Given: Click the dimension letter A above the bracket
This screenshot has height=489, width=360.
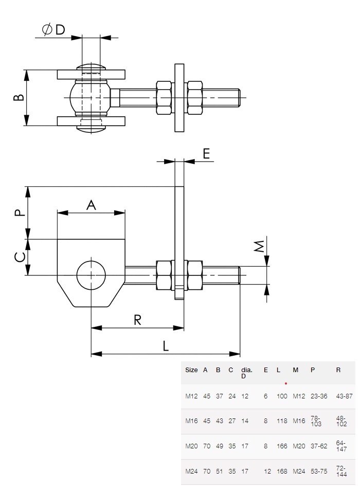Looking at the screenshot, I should tap(91, 205).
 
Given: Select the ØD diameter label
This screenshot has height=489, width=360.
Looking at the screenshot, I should tap(53, 30).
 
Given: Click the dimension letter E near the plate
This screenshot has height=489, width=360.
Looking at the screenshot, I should tap(206, 153).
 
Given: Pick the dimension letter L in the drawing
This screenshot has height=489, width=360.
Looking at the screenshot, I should tap(165, 346).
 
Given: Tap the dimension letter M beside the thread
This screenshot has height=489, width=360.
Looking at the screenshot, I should tap(260, 246).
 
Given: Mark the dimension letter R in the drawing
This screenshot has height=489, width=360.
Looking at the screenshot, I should tap(137, 320).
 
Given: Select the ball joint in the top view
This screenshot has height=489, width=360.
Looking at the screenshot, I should tap(91, 97).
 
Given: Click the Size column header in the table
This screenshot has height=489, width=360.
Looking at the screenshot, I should tap(191, 370).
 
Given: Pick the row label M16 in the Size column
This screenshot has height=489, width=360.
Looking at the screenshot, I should tap(191, 421).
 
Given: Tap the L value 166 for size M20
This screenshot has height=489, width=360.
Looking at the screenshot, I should tap(282, 446).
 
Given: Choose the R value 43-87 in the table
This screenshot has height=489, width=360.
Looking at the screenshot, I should tap(344, 396).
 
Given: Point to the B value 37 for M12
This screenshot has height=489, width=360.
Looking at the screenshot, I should tap(218, 396).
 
